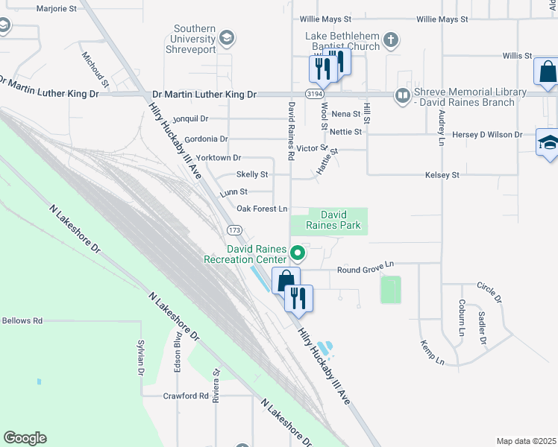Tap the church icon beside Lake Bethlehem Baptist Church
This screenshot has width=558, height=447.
coord(391,39)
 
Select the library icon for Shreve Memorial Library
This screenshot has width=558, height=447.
coord(403,95)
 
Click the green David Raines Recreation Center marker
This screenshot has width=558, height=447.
coord(298,253)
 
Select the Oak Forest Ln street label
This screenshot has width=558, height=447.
coord(262,209)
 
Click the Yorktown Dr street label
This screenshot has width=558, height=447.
coord(217,158)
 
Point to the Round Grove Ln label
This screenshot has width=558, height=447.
coord(366,264)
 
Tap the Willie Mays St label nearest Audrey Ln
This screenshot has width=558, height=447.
coord(442,19)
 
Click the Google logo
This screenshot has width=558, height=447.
coord(25,438)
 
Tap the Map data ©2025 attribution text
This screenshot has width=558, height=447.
coord(525,441)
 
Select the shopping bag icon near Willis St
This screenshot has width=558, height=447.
coord(547,72)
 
